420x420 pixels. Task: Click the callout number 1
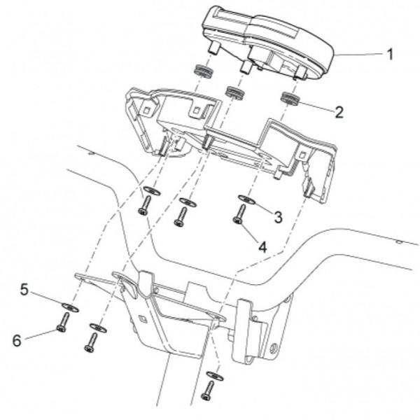click(x=391, y=53)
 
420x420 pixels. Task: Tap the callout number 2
click(x=339, y=111)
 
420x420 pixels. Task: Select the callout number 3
click(x=278, y=217)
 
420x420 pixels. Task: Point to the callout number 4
click(x=262, y=246)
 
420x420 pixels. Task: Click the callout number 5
click(x=24, y=288)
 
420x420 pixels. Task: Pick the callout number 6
click(x=17, y=340)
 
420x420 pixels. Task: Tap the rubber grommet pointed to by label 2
click(x=290, y=99)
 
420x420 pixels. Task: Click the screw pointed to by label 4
click(x=239, y=214)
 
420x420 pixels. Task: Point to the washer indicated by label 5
click(x=69, y=307)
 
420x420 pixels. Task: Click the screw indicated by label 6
click(x=62, y=323)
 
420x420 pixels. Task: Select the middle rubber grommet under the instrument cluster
click(x=234, y=92)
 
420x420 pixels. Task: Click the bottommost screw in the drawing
click(x=207, y=390)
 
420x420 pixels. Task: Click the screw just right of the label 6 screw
click(x=91, y=342)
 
